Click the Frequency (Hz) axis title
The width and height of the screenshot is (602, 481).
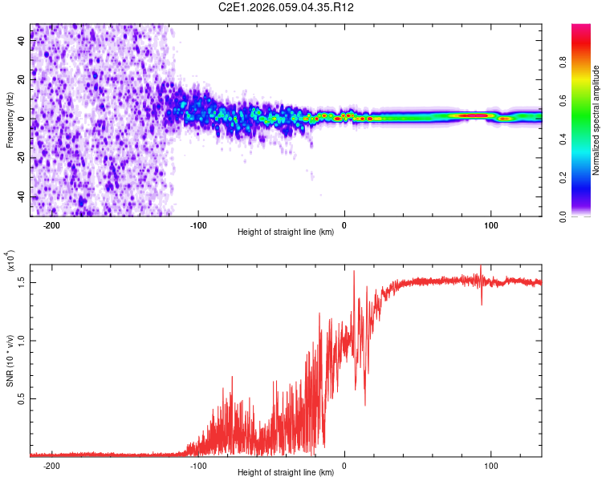pos(9,119)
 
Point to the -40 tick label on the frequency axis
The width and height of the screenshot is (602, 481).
pos(20,196)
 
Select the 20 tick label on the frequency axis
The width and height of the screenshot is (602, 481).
pos(22,80)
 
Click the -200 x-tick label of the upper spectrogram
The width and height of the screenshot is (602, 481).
pos(52,224)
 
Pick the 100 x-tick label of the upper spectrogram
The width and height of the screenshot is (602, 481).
pos(490,224)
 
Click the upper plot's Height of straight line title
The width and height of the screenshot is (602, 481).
pos(286,232)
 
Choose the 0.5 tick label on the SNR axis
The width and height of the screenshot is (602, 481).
pos(22,398)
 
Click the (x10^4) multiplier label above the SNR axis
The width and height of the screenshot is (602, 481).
pos(11,261)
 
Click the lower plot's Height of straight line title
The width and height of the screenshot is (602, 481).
pos(286,473)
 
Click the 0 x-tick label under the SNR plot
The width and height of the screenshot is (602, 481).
pos(344,465)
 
